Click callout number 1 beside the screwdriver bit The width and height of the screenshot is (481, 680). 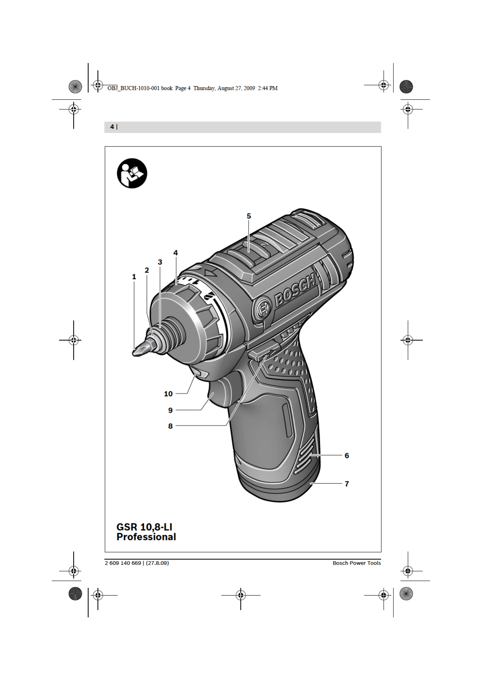click(x=134, y=277)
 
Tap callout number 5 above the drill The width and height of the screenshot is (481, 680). click(x=249, y=216)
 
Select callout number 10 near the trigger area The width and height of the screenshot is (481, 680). click(x=168, y=394)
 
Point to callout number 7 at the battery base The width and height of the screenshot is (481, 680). click(x=347, y=484)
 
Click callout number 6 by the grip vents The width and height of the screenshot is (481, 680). click(x=347, y=455)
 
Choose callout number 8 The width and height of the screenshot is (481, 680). click(x=171, y=426)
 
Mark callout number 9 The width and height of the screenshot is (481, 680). click(x=171, y=410)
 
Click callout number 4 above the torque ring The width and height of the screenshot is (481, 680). click(x=176, y=252)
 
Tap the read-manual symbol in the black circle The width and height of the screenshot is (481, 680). click(x=132, y=173)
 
